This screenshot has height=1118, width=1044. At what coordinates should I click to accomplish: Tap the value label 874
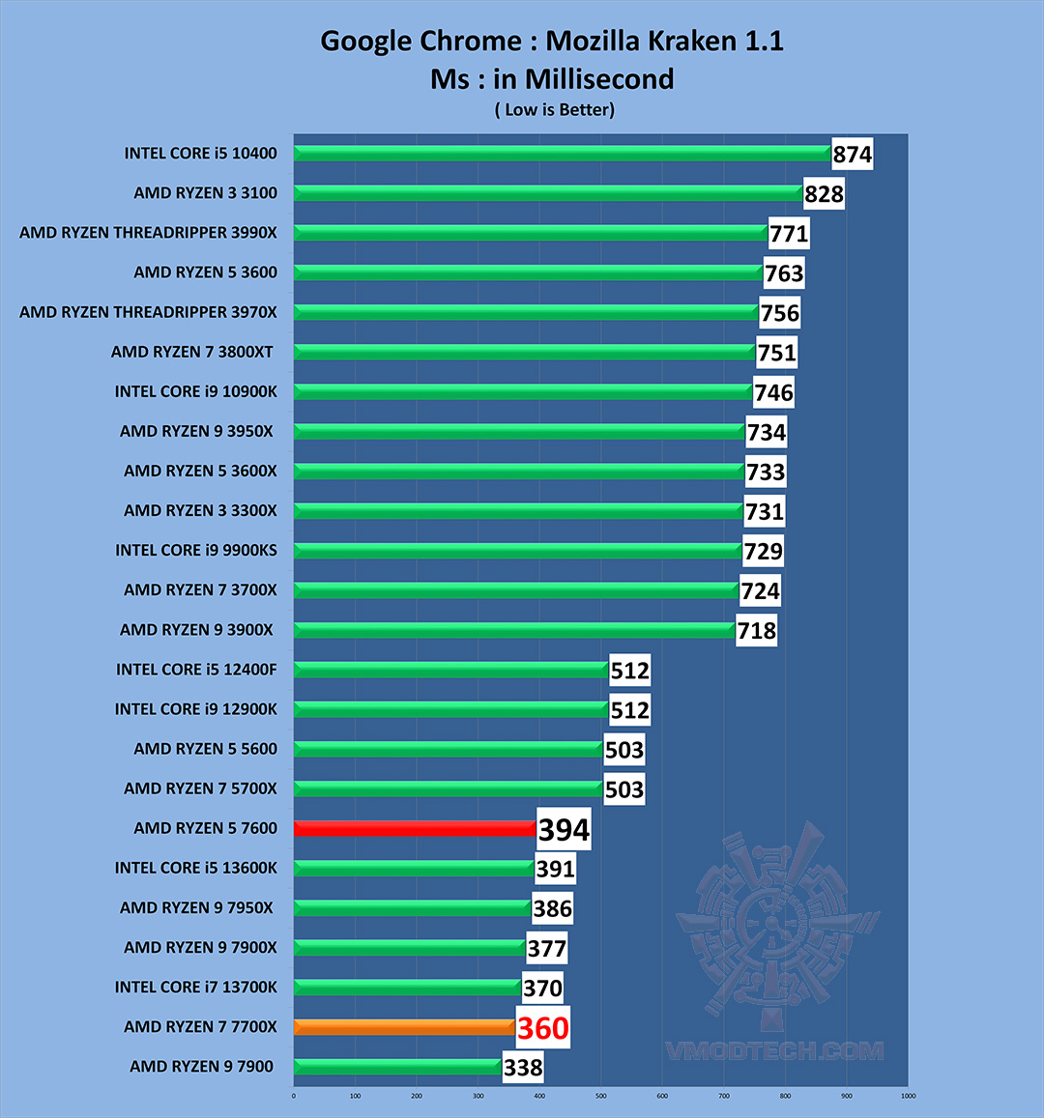click(853, 155)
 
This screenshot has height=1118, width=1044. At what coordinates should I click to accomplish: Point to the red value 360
click(542, 1028)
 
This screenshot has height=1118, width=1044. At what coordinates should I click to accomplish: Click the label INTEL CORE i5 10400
click(200, 154)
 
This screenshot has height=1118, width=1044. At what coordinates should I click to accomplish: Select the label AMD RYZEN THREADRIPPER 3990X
click(148, 233)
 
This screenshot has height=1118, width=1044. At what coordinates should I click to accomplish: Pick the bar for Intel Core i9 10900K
click(522, 391)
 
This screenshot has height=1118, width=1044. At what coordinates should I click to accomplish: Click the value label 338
click(523, 1068)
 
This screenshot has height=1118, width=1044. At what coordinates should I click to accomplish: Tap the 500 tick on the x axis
click(601, 1096)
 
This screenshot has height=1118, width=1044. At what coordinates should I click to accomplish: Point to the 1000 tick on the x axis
click(908, 1096)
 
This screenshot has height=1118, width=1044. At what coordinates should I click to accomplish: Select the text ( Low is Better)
click(554, 110)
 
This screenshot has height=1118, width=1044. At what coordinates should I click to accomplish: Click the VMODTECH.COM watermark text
click(773, 1051)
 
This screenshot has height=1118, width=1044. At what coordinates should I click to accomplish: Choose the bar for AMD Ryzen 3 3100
click(547, 193)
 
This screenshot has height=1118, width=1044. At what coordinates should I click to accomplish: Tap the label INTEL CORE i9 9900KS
click(196, 551)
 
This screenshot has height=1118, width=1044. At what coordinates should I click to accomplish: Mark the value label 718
click(756, 631)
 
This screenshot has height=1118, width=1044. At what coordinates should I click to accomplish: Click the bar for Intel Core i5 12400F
click(450, 670)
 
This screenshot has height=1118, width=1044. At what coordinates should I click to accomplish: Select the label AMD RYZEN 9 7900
click(201, 1067)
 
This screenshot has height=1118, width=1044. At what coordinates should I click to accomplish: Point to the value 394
click(564, 830)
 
